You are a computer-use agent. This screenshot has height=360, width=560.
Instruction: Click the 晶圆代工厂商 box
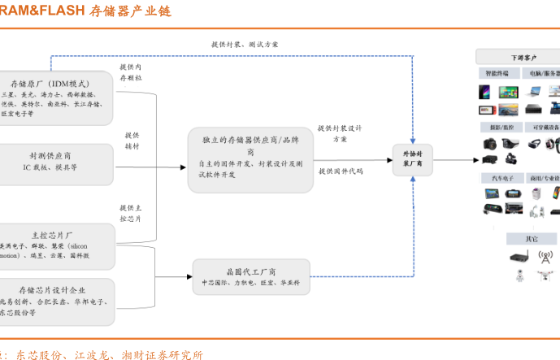(250, 276)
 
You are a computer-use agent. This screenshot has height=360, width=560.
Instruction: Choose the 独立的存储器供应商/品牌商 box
(250, 158)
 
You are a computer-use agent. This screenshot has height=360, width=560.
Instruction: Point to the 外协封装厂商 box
(413, 157)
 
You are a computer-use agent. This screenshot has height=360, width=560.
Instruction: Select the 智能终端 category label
(497, 74)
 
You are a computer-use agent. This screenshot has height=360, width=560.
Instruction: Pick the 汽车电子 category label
(498, 178)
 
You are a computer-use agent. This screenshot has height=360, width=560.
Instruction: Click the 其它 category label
(531, 239)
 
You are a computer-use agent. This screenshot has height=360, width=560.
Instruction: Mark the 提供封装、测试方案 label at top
(245, 44)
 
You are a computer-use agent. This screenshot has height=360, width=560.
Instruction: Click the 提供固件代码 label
(341, 171)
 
